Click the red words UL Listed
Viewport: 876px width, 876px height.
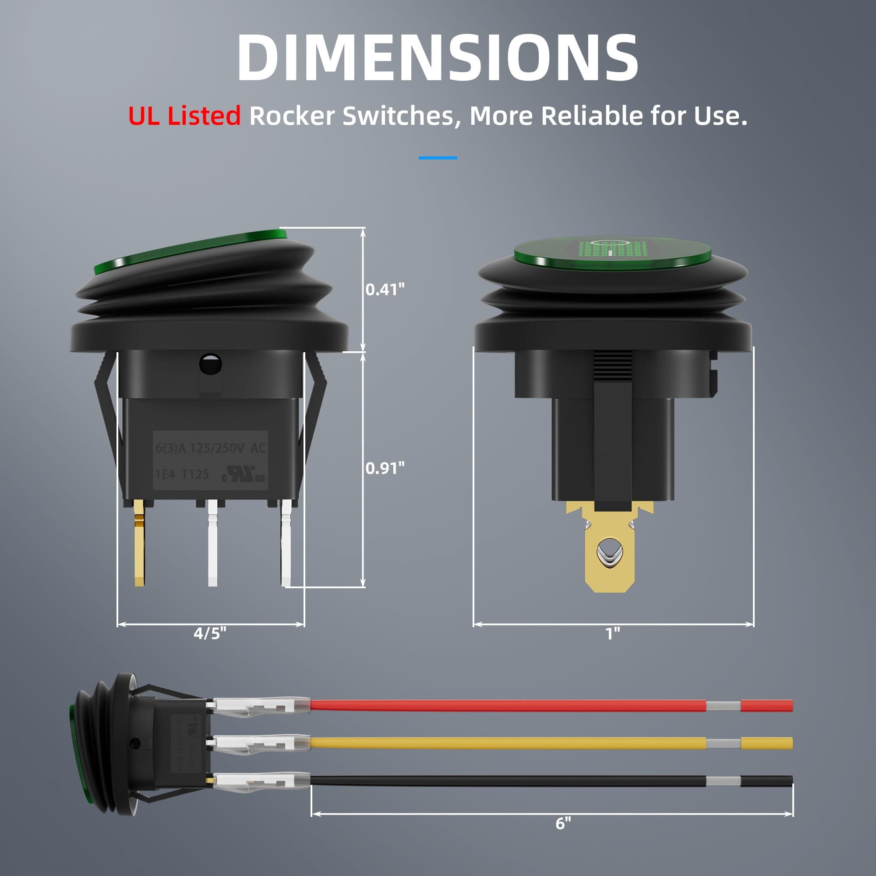pos(184,116)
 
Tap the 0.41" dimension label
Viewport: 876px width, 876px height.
pos(385,289)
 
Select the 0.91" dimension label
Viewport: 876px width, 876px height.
pos(385,468)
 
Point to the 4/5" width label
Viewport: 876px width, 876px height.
pos(210,633)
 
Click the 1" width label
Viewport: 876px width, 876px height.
pos(613,633)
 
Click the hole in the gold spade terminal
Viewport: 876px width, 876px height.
pos(610,552)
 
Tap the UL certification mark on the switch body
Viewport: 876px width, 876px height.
pos(244,474)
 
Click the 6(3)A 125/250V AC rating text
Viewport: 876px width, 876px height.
pos(210,449)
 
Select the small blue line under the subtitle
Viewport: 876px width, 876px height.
pos(438,158)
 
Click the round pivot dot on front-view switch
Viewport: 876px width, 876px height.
pos(210,364)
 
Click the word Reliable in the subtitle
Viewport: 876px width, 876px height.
pos(592,116)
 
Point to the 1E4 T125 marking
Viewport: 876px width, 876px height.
pos(182,474)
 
